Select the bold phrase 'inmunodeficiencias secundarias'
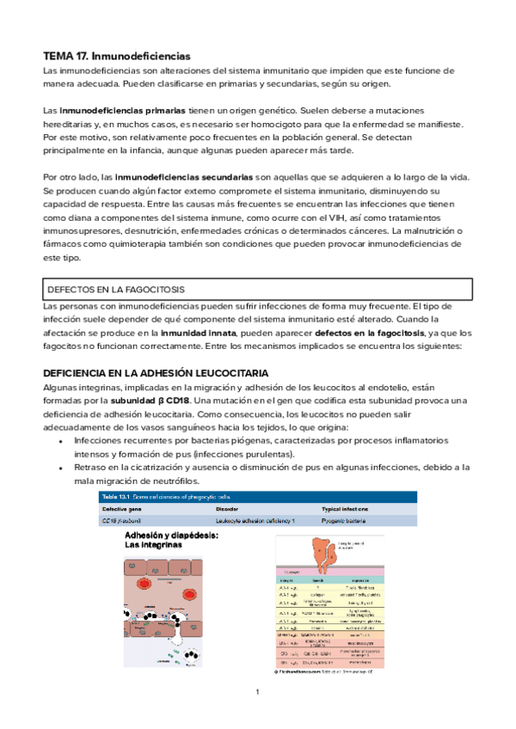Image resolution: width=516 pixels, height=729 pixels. click(183, 176)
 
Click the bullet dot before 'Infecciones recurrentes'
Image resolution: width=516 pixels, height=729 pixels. click(60, 441)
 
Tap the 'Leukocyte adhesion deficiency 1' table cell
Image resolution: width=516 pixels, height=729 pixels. click(255, 521)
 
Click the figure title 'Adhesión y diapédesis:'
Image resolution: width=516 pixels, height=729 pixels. click(171, 535)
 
